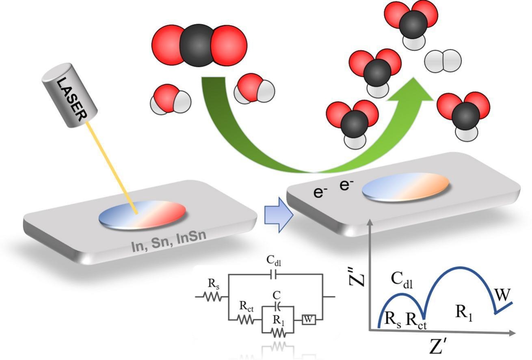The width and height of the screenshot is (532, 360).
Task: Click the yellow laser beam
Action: pyautogui.click(x=112, y=168)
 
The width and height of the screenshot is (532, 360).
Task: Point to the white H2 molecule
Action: pyautogui.click(x=443, y=61)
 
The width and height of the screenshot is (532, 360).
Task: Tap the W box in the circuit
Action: pyautogui.click(x=309, y=320)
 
